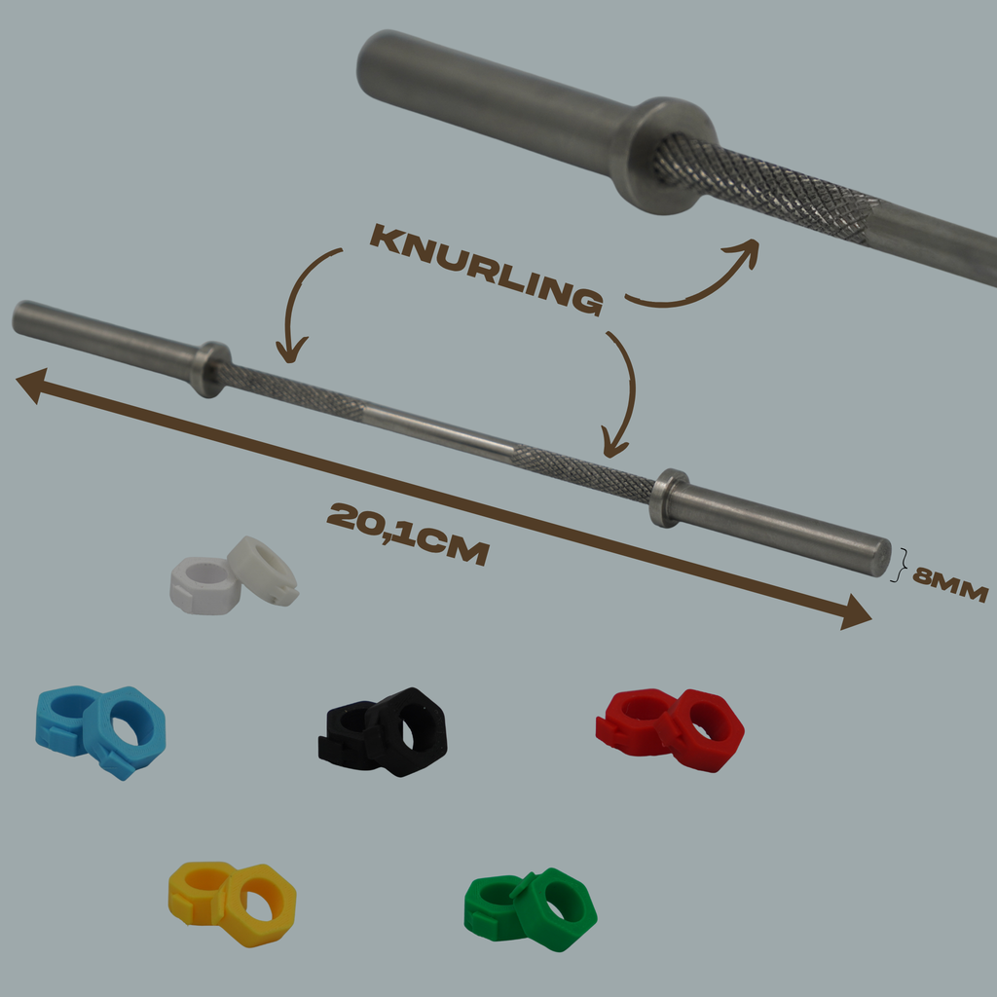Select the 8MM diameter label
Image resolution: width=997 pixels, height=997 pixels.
coord(950,585)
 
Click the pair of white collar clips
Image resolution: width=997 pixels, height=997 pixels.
coord(234,575)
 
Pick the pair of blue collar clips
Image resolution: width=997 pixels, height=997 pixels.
coord(100,732)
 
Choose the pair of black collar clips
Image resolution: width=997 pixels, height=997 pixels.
coord(383,732)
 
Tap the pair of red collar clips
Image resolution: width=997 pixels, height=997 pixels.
coord(670,730)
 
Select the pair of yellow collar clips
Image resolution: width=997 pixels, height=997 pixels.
coord(232,904)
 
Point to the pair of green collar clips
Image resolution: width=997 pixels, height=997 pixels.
coord(531,909)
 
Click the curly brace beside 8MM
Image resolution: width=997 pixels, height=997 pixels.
coord(900,565)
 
